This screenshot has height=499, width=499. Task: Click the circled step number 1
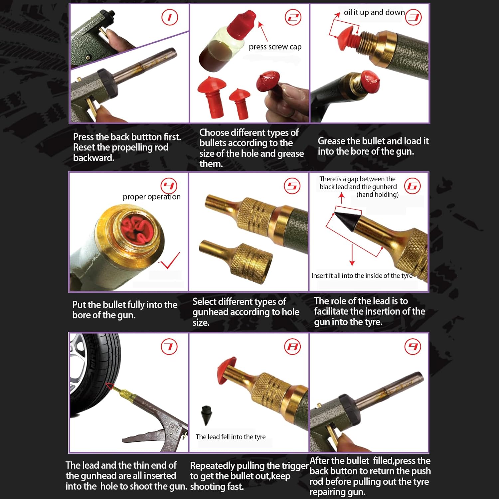[170, 17]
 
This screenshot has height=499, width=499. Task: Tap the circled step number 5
[292, 186]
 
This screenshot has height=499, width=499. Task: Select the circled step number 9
[413, 347]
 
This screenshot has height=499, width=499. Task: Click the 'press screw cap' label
[275, 47]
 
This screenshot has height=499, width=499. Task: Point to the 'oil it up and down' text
[374, 13]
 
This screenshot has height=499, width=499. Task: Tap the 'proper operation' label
[152, 197]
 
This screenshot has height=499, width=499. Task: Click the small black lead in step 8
[207, 414]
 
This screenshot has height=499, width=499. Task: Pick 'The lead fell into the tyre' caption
[231, 437]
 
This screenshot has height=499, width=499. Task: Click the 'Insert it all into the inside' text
[362, 275]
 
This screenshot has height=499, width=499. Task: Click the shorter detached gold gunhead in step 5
[237, 256]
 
